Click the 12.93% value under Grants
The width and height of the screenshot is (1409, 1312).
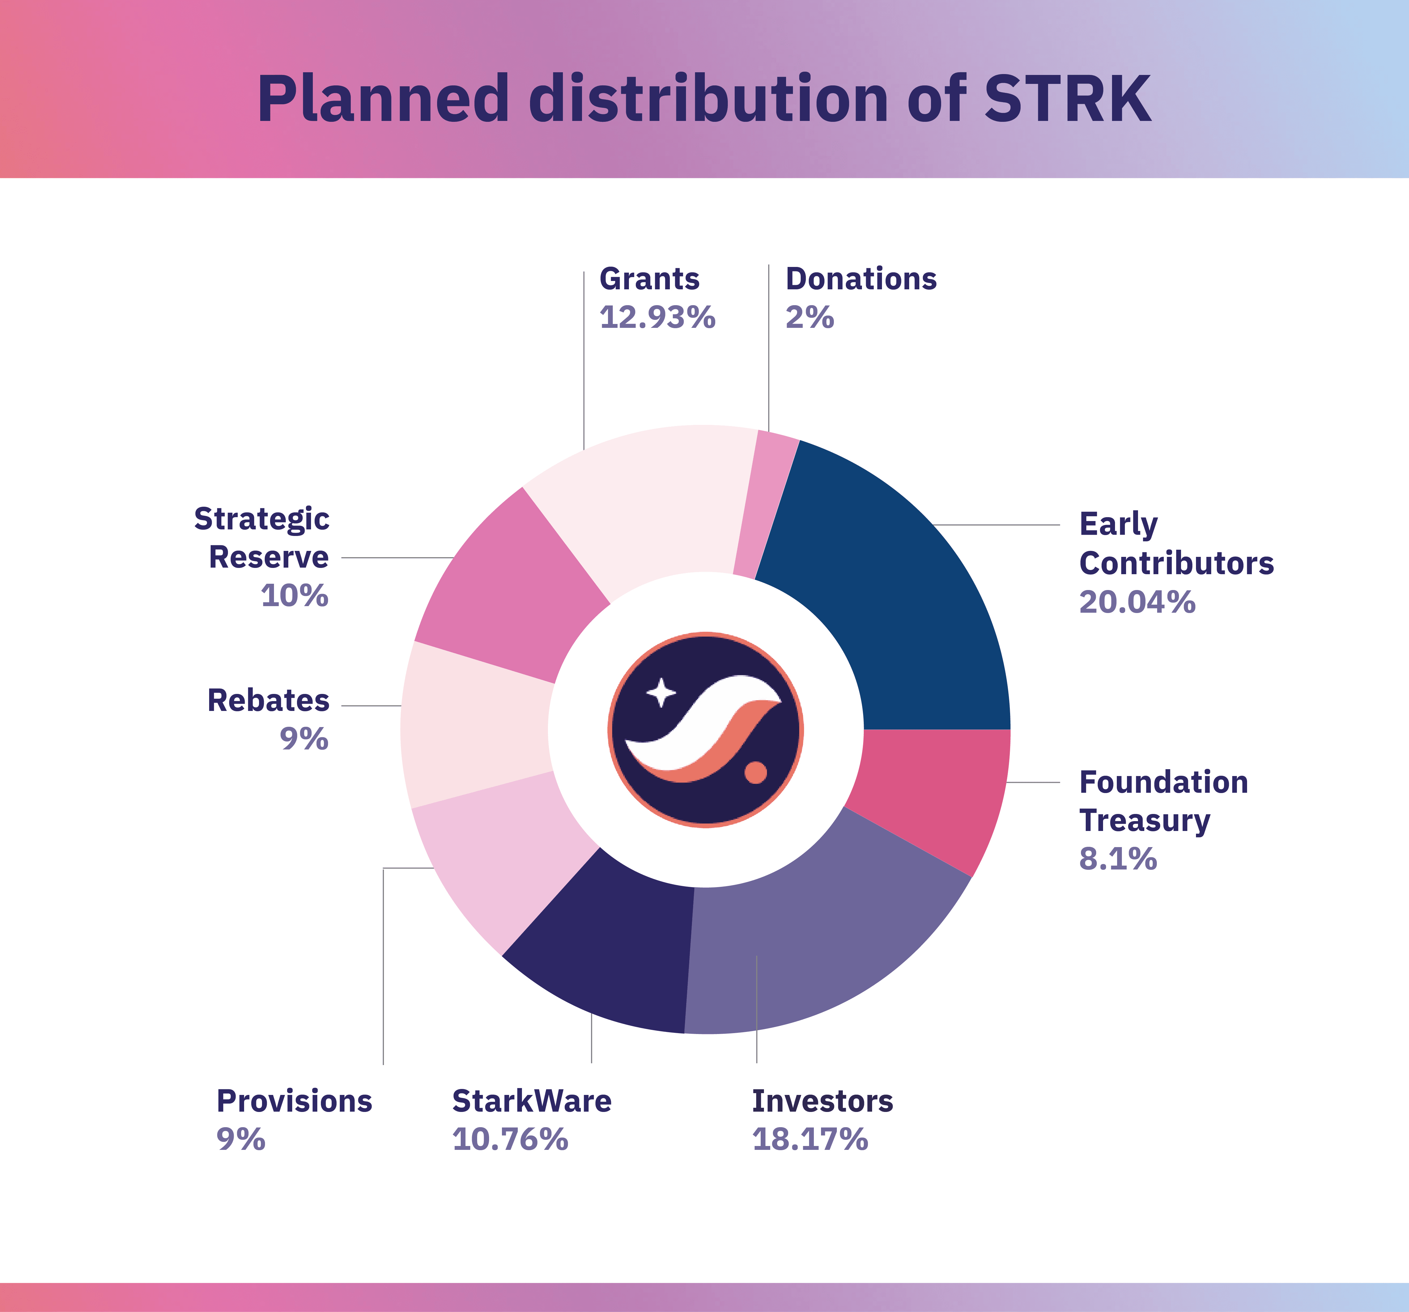(x=657, y=317)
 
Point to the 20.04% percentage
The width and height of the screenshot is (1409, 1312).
(x=1137, y=602)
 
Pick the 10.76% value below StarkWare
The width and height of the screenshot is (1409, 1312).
(x=510, y=1139)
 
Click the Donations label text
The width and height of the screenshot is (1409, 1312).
(x=860, y=279)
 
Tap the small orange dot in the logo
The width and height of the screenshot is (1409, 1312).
(x=756, y=772)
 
